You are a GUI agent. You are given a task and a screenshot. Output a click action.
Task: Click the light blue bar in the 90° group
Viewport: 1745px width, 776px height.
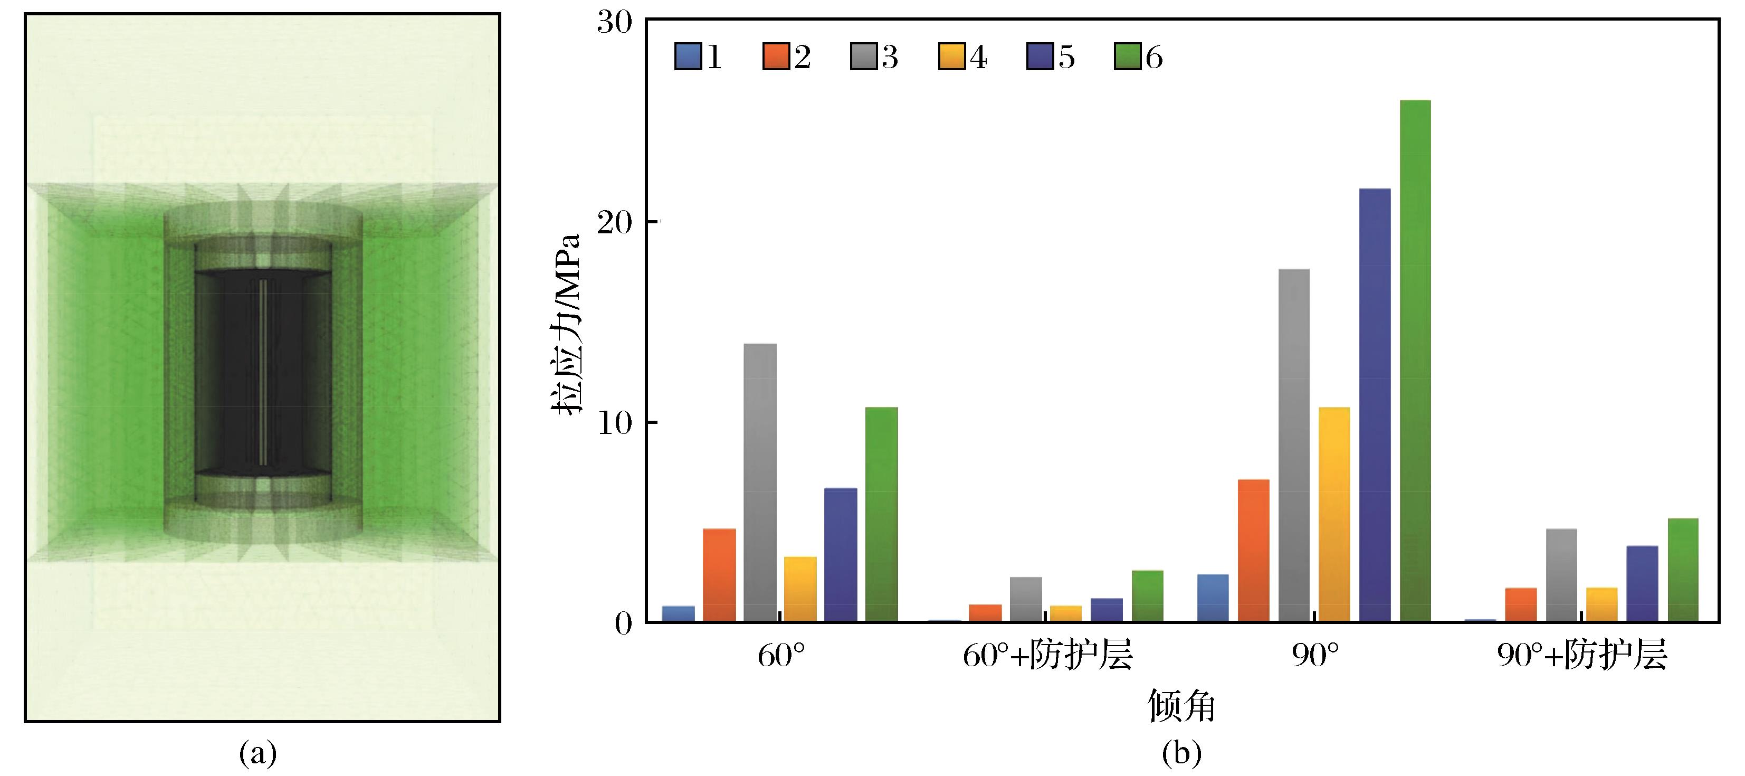click(x=1213, y=597)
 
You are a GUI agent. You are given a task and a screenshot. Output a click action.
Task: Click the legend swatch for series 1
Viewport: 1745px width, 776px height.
click(x=688, y=57)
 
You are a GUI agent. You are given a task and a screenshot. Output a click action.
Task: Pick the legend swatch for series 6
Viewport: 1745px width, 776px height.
click(x=1127, y=57)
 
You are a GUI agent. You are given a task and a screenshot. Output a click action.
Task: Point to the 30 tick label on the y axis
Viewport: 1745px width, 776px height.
click(x=614, y=23)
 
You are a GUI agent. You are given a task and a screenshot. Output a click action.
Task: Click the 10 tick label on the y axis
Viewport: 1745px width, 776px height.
click(x=614, y=423)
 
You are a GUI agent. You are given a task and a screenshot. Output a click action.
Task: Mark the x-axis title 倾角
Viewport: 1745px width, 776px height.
click(x=1181, y=706)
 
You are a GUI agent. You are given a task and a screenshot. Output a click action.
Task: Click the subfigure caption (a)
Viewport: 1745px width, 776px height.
click(x=258, y=753)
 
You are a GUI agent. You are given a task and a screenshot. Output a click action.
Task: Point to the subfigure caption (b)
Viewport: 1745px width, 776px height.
click(x=1181, y=753)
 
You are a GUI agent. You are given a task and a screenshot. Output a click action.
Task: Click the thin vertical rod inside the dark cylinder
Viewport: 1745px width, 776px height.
click(x=263, y=372)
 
